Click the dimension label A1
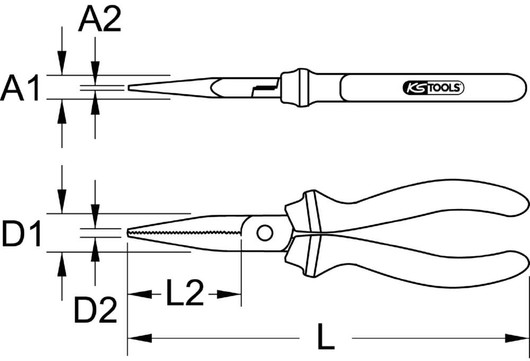coord(20,87)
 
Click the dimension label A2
coord(100,21)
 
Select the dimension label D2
coord(95,311)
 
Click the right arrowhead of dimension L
coord(517,338)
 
